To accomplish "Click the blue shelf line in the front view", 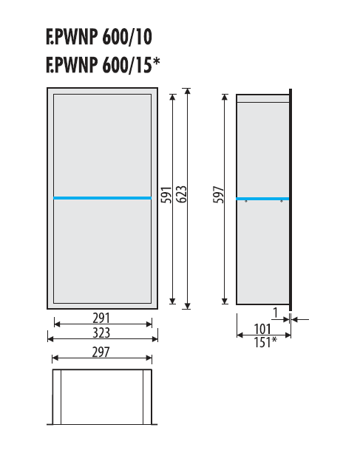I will coord(103,198).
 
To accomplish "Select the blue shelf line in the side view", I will coord(262,198).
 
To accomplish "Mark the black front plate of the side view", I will coord(291,200).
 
